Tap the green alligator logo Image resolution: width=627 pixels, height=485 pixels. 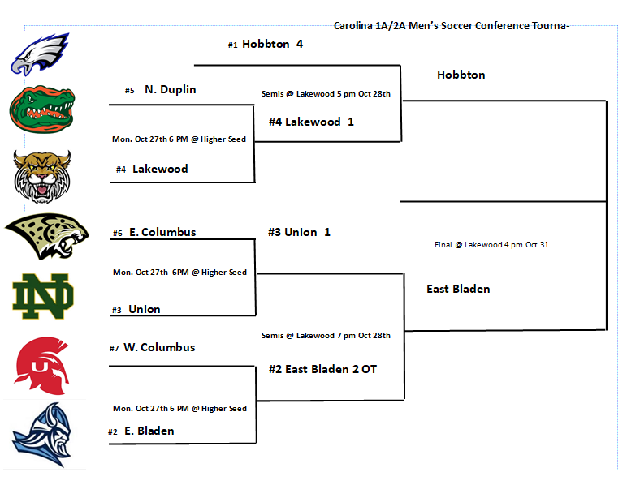pos(41,109)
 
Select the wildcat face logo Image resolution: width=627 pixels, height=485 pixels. pos(42,175)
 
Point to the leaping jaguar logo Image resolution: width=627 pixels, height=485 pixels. pos(46,236)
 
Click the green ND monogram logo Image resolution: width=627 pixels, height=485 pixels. pos(42,296)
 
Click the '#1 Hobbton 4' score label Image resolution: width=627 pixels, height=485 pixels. pos(266,45)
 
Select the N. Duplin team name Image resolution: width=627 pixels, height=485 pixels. pos(170,90)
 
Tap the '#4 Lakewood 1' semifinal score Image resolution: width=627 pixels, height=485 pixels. pos(312,122)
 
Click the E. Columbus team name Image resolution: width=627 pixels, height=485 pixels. pos(162,232)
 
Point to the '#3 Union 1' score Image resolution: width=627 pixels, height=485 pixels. pos(299,232)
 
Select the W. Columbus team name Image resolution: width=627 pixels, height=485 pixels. pos(158,347)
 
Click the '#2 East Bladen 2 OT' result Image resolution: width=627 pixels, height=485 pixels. pos(322,369)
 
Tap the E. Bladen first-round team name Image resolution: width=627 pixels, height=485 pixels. pos(149,431)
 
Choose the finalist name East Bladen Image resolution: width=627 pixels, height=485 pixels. pos(458,289)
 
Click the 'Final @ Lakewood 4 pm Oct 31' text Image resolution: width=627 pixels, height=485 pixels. pos(491,244)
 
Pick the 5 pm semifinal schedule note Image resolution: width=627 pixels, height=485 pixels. pos(326,94)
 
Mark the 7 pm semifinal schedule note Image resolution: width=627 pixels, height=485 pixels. pos(326,336)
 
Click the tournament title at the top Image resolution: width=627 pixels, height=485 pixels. pos(452,26)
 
